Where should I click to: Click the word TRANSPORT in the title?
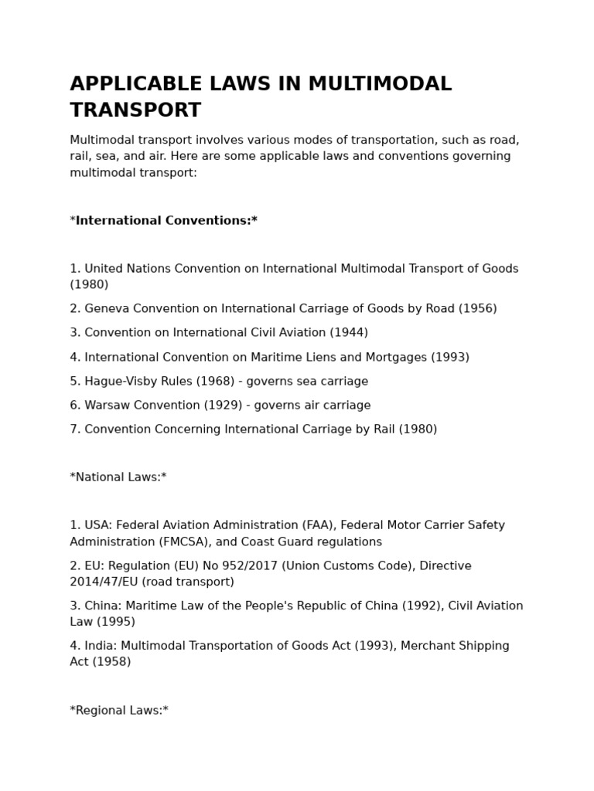135,110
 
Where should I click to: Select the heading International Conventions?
163,221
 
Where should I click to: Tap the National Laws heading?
118,477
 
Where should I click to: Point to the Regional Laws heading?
119,711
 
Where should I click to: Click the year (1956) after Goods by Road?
478,309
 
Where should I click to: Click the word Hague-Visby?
122,382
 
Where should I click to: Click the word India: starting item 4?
101,646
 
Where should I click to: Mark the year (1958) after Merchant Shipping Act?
113,662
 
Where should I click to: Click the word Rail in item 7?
383,429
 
